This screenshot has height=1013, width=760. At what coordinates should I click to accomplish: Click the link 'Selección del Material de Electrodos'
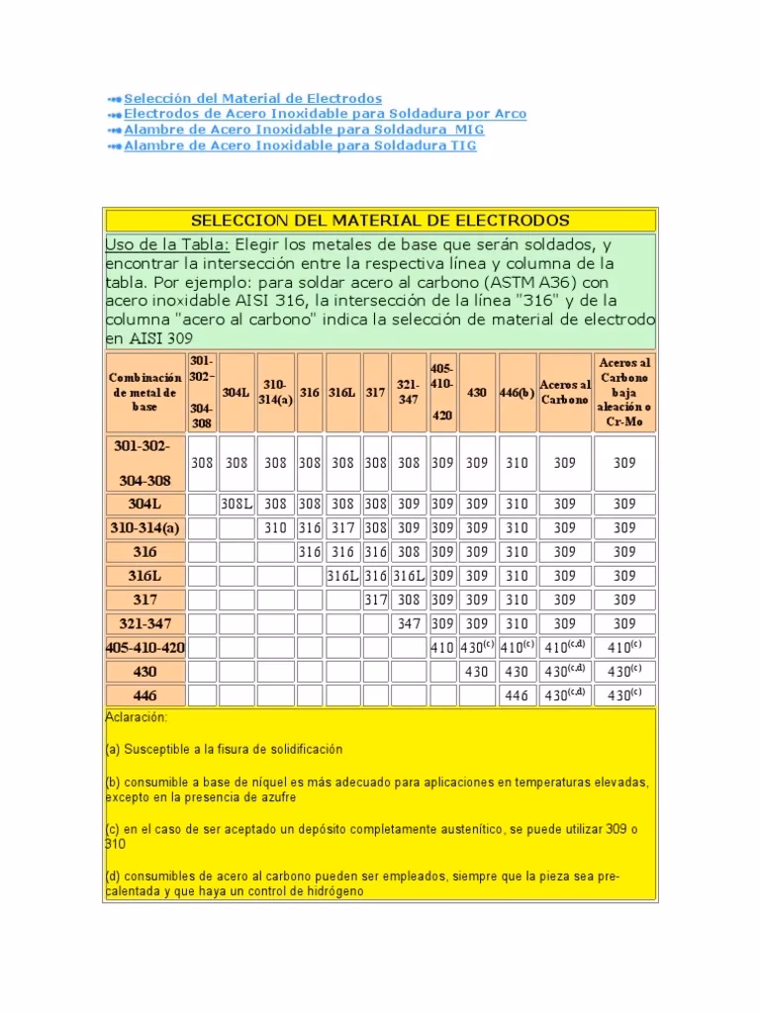[x=252, y=98]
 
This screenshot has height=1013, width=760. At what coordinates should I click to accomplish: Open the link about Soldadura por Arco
[x=325, y=114]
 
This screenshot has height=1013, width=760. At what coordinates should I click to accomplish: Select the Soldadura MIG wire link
[x=304, y=130]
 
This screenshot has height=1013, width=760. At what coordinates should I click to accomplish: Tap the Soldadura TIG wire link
[x=300, y=145]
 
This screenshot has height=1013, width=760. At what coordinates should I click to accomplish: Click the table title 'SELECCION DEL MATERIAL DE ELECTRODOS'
[x=379, y=220]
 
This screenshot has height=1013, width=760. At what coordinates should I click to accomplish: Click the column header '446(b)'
[x=517, y=393]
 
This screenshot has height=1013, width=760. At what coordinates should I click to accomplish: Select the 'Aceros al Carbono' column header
[x=564, y=392]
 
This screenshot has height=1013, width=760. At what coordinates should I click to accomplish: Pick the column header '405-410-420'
[x=441, y=392]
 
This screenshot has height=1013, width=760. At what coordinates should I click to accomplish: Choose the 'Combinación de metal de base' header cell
[x=144, y=392]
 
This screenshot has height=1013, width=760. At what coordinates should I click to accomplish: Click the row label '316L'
[x=144, y=576]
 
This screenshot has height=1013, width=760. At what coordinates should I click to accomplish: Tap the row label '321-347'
[x=144, y=623]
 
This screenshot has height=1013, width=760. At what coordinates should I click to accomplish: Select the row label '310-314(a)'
[x=144, y=528]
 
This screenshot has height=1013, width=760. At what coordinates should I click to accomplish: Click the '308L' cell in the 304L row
[x=237, y=505]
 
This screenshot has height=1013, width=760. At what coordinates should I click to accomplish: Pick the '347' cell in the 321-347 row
[x=408, y=623]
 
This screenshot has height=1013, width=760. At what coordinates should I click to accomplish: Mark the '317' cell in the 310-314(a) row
[x=341, y=528]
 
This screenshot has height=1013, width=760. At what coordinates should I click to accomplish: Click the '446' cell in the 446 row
[x=517, y=695]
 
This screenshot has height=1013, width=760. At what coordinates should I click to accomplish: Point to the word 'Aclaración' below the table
[x=136, y=716]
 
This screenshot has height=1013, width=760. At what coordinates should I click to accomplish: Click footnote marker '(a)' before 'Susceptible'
[x=112, y=749]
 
